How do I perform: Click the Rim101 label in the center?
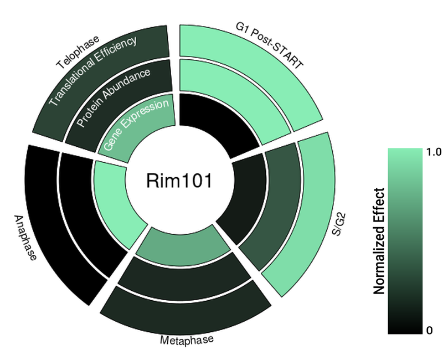(x=178, y=181)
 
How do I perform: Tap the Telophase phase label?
(x=78, y=52)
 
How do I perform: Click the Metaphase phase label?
(x=187, y=340)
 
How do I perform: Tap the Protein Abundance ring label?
(x=114, y=97)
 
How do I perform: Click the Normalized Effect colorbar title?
(x=379, y=241)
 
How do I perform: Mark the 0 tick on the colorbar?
(x=430, y=331)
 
